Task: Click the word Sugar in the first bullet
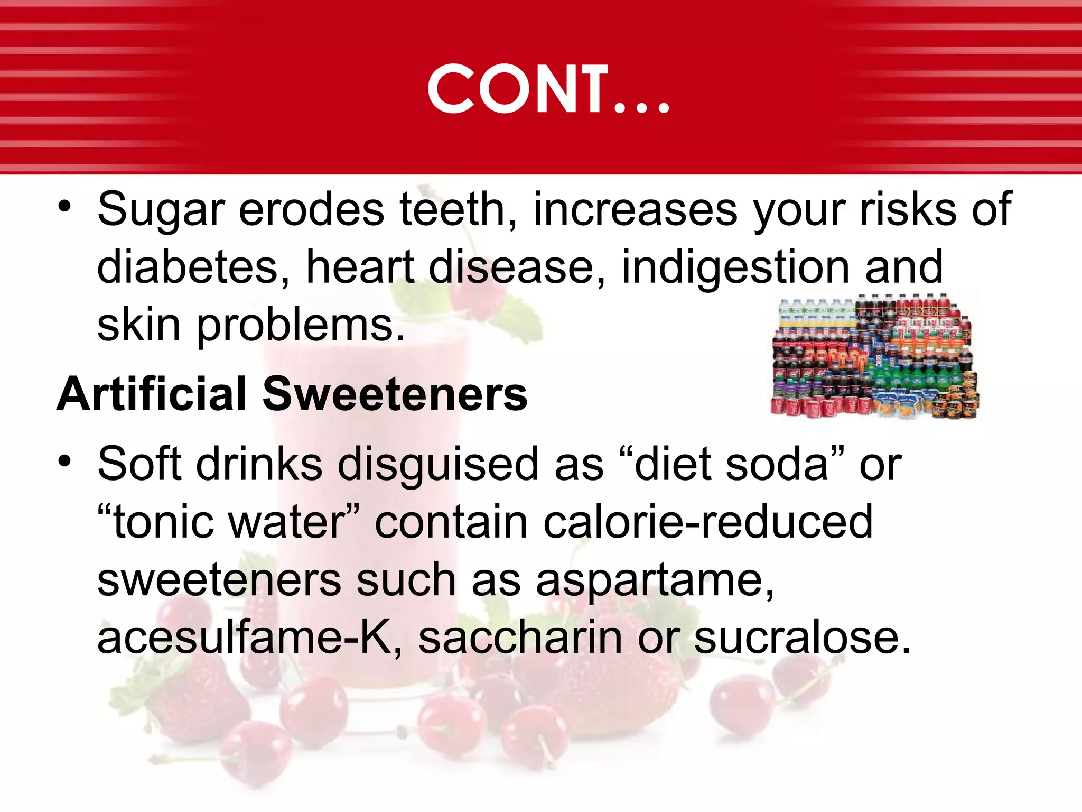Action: [161, 210]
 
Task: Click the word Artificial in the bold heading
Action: [152, 394]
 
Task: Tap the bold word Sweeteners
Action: [395, 394]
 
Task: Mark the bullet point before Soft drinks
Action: [64, 462]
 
